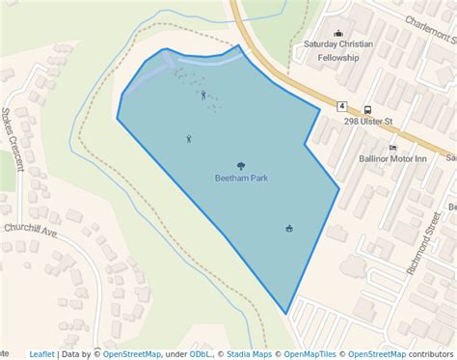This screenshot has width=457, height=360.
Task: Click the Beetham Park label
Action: point(240,179)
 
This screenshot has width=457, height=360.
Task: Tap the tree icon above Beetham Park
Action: point(240,166)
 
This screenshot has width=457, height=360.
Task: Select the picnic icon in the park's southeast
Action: point(288,228)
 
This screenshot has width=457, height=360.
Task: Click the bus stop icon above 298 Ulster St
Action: point(367,109)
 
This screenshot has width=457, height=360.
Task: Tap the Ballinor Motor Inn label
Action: point(392,157)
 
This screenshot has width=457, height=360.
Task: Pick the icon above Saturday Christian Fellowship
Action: point(337,33)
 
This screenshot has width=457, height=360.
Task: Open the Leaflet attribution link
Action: point(41,354)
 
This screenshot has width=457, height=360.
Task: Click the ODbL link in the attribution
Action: point(201,354)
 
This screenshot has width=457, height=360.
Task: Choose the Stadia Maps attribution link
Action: point(249,354)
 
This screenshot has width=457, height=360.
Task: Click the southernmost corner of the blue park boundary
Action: point(286,314)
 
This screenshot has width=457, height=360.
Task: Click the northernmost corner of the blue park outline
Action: point(239,45)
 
